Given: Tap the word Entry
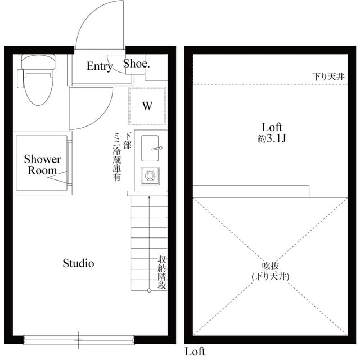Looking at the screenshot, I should (99, 66).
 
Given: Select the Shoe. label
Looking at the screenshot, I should (137, 64).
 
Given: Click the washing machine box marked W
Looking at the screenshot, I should (147, 105).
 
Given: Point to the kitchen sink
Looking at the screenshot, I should (150, 147).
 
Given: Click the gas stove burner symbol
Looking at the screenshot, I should (150, 176).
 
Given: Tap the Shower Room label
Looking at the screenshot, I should (42, 165).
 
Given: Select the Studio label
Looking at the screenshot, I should (78, 263).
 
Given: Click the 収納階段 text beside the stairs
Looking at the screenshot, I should (162, 272).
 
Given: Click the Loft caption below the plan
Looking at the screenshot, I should (195, 352).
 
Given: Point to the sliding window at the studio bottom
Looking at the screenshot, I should (79, 339).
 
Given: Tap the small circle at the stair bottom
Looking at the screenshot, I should (149, 290).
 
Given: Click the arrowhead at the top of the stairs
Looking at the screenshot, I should (149, 197).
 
